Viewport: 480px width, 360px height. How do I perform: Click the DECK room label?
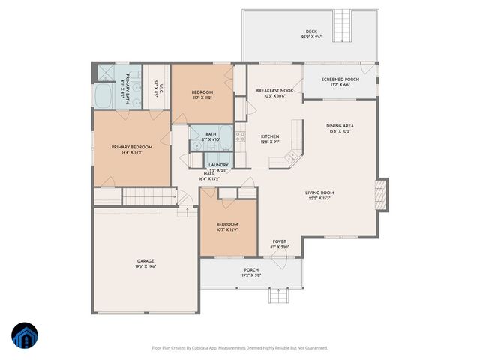[305, 31]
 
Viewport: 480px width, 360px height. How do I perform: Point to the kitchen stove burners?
[241, 137]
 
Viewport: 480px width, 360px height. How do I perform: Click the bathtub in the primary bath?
[103, 96]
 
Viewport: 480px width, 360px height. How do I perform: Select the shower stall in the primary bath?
[105, 72]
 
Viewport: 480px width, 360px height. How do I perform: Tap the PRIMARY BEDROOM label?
[131, 148]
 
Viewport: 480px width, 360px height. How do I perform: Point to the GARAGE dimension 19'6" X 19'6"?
[145, 266]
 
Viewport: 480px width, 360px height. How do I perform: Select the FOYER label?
[279, 241]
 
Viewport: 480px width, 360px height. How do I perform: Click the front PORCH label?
[251, 269]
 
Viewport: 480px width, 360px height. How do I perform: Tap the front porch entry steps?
[279, 294]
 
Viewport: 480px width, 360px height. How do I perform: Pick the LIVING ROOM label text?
[319, 193]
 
